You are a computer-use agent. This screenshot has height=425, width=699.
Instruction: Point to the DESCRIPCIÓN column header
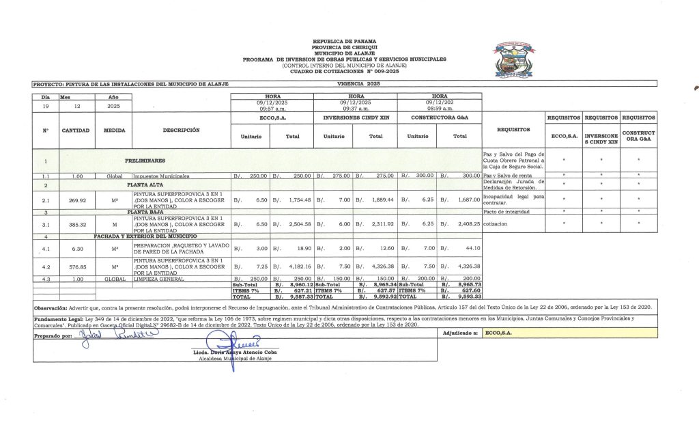(x=182, y=130)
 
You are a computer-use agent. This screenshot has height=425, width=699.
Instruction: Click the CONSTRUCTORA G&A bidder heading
(x=439, y=118)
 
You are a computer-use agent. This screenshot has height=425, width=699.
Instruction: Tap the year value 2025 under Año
(x=113, y=107)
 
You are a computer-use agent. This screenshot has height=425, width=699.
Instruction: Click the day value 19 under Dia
(x=46, y=107)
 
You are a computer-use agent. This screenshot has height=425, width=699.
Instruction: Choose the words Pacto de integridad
(x=504, y=212)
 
